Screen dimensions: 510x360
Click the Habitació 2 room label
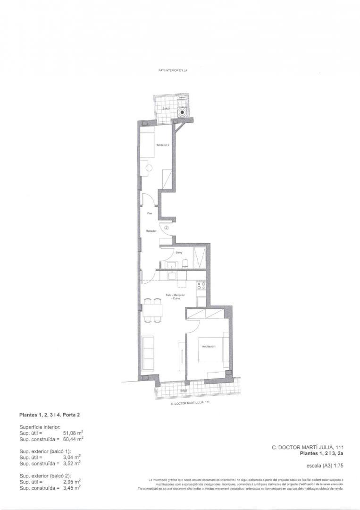coord(162,145)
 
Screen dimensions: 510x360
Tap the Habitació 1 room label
coord(209,347)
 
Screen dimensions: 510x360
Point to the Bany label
coord(179,253)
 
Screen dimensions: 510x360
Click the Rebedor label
coord(151,231)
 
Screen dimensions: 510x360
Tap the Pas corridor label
coord(149,213)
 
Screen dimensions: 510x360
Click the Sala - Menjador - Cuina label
coord(175,296)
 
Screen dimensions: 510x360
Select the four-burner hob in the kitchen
coord(201,285)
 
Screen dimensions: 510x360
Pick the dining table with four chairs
coord(152,310)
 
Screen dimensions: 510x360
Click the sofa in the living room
coord(147,352)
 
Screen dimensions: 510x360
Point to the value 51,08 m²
coord(73,432)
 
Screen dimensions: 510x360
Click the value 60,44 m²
coord(73,439)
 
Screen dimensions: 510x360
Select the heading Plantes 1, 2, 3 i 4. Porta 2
coord(53,416)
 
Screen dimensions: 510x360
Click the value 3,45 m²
coord(71,487)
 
